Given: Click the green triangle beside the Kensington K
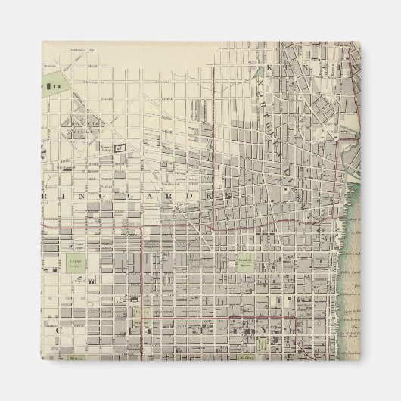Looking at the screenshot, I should click(x=260, y=73).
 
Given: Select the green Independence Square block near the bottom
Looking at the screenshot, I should click(x=261, y=343).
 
